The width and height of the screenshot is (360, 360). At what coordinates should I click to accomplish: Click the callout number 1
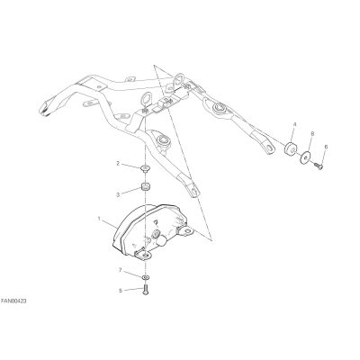(99, 219)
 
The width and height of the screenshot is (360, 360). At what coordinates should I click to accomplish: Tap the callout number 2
(118, 164)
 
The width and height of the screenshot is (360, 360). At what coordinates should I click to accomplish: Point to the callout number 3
(118, 195)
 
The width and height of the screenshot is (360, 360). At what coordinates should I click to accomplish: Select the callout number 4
(294, 124)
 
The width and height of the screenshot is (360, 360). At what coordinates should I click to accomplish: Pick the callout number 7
(121, 270)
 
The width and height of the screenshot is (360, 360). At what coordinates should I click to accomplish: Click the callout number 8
(312, 133)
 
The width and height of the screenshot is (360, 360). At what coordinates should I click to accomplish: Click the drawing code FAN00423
(13, 301)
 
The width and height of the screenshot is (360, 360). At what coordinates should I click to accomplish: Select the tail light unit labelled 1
(151, 232)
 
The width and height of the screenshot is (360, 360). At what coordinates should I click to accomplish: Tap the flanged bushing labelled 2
(146, 168)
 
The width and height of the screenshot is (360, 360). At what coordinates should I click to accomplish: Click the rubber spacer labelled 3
(146, 187)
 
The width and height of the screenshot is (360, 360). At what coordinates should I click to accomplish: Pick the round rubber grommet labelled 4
(291, 148)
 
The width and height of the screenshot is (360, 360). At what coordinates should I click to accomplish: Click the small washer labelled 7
(146, 277)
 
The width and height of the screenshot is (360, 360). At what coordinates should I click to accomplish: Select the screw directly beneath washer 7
(146, 290)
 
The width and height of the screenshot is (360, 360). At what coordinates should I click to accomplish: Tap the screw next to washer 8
(319, 166)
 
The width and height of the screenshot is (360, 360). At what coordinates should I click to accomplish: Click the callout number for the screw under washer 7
(121, 291)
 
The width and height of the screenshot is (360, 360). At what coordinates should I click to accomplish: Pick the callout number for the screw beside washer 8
(326, 147)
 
